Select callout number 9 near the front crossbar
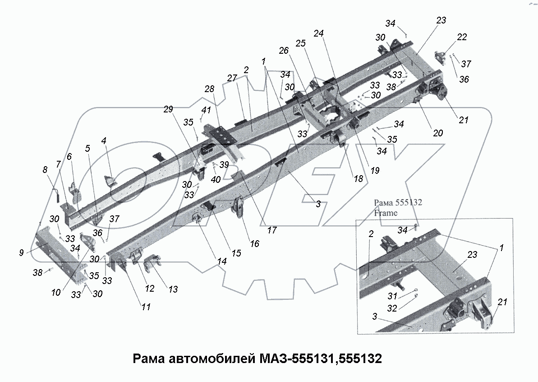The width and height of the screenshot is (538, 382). click(x=22, y=253)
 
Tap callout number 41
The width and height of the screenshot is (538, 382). click(x=206, y=110)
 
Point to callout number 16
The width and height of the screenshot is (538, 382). click(x=255, y=244)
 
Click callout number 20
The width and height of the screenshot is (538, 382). click(x=437, y=133)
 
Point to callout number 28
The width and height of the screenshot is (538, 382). click(x=209, y=89)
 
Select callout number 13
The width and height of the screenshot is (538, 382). click(x=173, y=289)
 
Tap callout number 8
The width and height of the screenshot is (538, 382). click(x=44, y=170)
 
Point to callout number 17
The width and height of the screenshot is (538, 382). click(x=271, y=230)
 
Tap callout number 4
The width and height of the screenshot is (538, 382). click(x=104, y=141)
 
